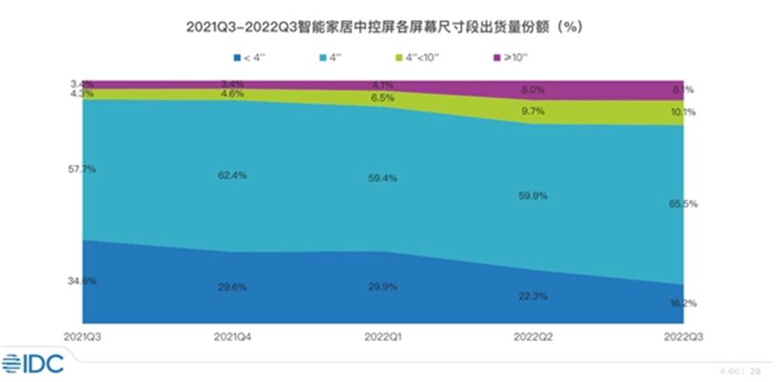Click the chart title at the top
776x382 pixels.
pyautogui.click(x=384, y=27)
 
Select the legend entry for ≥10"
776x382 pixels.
pyautogui.click(x=511, y=57)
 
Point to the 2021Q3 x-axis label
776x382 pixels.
pyautogui.click(x=81, y=337)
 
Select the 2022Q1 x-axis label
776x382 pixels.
pyautogui.click(x=382, y=337)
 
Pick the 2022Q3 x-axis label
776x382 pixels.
pyautogui.click(x=681, y=337)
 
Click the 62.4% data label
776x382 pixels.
pyautogui.click(x=232, y=176)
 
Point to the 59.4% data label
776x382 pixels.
pyautogui.click(x=382, y=178)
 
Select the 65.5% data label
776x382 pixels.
pyautogui.click(x=683, y=204)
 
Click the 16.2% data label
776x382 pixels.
pyautogui.click(x=683, y=304)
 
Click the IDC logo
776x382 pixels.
pyautogui.click(x=33, y=363)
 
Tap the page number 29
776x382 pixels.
pyautogui.click(x=756, y=370)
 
